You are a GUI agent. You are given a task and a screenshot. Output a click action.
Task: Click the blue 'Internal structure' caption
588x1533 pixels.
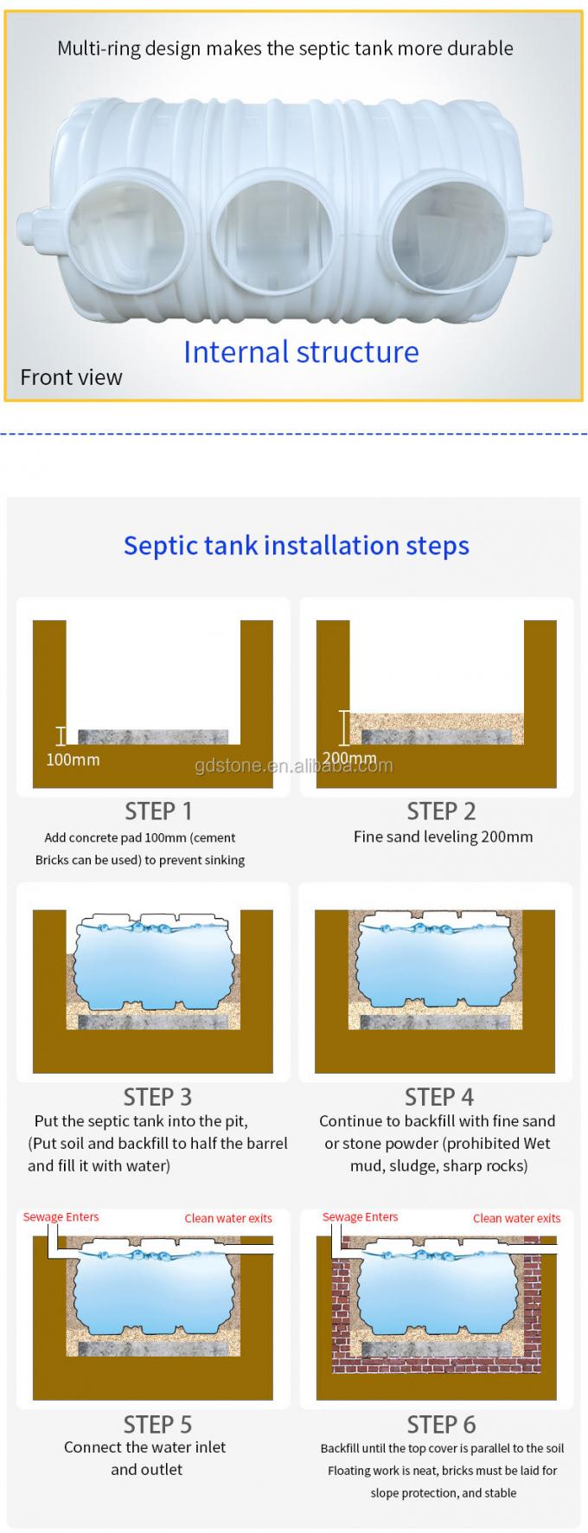(301, 352)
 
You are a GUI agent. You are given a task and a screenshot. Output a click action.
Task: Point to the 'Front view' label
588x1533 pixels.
(71, 377)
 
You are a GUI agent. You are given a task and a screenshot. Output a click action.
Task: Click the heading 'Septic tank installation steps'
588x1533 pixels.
(297, 545)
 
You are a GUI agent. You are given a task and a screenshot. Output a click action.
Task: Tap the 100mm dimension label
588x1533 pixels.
(73, 760)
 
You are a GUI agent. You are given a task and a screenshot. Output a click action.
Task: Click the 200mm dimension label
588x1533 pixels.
(349, 759)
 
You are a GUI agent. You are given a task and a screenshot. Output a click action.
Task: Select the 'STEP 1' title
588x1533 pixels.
(158, 811)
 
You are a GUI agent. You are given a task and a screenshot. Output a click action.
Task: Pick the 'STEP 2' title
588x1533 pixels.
(441, 811)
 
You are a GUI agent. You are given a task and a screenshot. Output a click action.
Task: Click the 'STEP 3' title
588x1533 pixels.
(157, 1097)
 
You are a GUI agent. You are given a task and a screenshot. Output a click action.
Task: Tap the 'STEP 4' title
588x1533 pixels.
(439, 1097)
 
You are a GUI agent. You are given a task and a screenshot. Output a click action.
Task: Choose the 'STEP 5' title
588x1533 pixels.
(157, 1424)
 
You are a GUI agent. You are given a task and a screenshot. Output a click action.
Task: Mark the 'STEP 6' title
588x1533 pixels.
(441, 1424)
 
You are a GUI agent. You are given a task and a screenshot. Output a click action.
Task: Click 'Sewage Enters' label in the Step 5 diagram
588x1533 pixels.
(61, 1217)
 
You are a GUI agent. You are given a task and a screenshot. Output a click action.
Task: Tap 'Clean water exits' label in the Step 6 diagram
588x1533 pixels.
(517, 1218)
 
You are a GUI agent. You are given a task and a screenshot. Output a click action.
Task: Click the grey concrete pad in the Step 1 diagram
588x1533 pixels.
(153, 736)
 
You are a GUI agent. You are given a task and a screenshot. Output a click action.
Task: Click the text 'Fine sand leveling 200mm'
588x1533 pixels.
(443, 837)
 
